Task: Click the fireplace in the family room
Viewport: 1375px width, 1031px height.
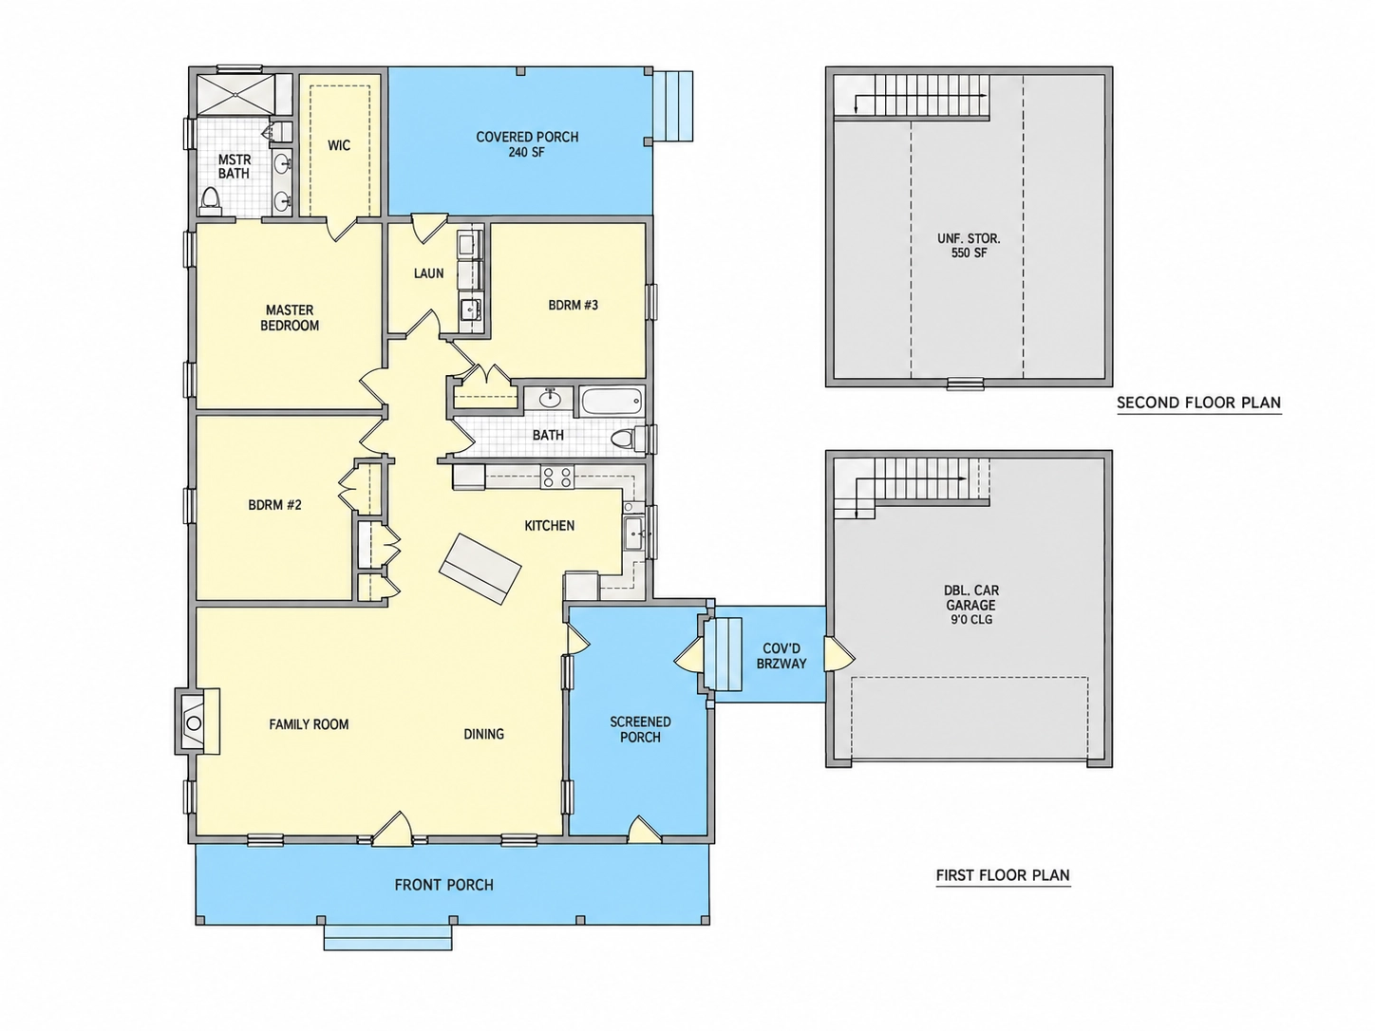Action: point(198,722)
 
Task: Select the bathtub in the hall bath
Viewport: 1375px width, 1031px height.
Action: point(612,401)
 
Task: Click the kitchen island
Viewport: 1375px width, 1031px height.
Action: point(480,569)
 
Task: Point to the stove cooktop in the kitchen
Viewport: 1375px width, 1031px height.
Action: point(556,477)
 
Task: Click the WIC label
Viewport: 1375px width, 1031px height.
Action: point(339,146)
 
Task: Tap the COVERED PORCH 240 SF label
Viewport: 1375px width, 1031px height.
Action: point(527,144)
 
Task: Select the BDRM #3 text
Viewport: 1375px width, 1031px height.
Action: point(574,305)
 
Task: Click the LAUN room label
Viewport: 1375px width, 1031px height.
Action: point(428,273)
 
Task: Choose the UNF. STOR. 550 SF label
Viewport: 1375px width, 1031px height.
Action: point(970,245)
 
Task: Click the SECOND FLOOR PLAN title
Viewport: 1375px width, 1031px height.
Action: point(1198,403)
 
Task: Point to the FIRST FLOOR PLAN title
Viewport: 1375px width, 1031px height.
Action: point(1003,875)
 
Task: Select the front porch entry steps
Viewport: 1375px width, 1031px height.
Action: point(387,936)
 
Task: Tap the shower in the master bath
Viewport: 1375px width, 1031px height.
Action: point(235,94)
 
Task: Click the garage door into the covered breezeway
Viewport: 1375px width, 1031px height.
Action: point(838,655)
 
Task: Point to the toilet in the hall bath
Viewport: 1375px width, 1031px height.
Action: point(629,438)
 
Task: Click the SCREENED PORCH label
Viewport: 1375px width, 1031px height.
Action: point(640,729)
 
